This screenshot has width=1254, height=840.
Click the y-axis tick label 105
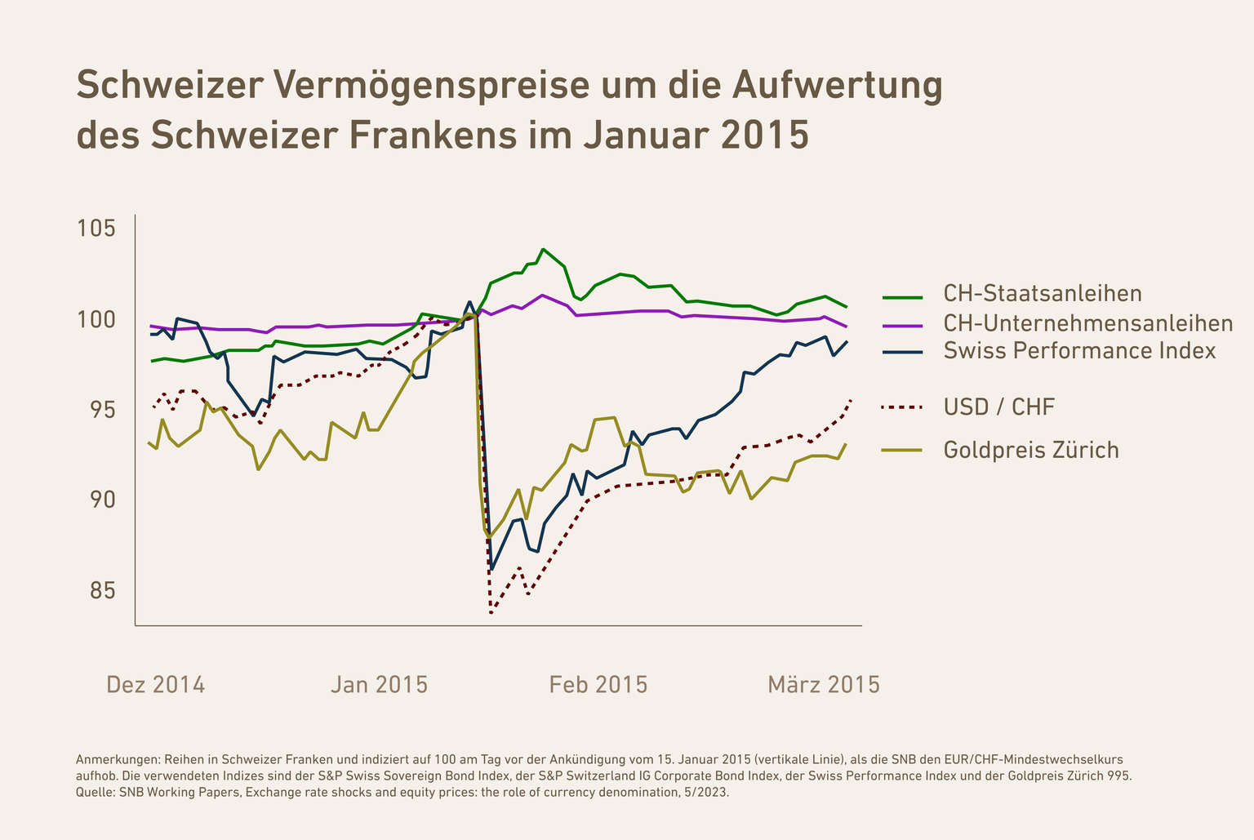pyautogui.click(x=96, y=228)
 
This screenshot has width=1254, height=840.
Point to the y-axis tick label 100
pyautogui.click(x=96, y=319)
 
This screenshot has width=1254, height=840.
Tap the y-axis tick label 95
pyautogui.click(x=102, y=410)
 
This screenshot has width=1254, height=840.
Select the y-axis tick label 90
pyautogui.click(x=102, y=500)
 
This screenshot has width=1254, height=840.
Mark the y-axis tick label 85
pyautogui.click(x=102, y=590)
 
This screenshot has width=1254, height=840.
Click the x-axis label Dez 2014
pyautogui.click(x=156, y=684)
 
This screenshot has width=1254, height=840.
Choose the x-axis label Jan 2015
pyautogui.click(x=379, y=684)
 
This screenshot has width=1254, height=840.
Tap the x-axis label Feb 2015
pyautogui.click(x=598, y=684)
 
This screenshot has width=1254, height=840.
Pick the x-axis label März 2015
pyautogui.click(x=824, y=684)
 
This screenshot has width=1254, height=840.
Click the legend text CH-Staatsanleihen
pyautogui.click(x=1043, y=293)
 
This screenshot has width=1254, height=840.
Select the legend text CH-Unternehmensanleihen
pyautogui.click(x=1087, y=323)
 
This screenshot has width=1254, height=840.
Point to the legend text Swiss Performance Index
pyautogui.click(x=1079, y=351)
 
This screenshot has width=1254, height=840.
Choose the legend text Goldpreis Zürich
pyautogui.click(x=1031, y=450)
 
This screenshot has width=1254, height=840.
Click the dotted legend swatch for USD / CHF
pyautogui.click(x=903, y=407)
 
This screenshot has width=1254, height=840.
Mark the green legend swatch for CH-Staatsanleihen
pyautogui.click(x=903, y=296)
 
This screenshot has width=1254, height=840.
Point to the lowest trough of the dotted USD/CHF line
pyautogui.click(x=491, y=612)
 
